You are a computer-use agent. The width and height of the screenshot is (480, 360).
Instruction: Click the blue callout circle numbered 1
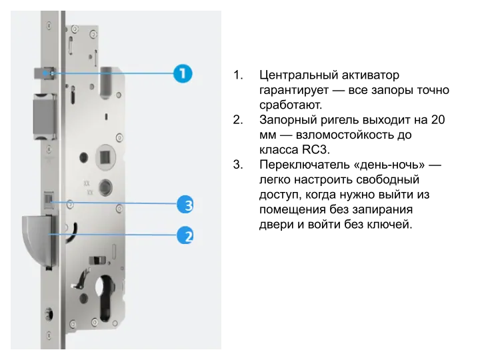pyautogui.click(x=183, y=73)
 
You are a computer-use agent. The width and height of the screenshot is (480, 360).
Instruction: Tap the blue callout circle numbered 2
pyautogui.click(x=185, y=235)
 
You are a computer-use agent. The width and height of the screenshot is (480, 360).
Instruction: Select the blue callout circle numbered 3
pyautogui.click(x=185, y=205)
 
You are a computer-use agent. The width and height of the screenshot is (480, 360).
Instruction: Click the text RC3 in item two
pyautogui.click(x=315, y=150)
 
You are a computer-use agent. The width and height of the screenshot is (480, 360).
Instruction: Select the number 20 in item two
pyautogui.click(x=438, y=120)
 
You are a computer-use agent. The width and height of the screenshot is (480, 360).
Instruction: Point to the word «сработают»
pyautogui.click(x=291, y=105)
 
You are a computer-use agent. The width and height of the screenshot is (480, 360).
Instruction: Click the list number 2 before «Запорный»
pyautogui.click(x=238, y=120)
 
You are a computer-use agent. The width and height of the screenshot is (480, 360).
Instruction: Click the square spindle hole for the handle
pyautogui.click(x=105, y=157)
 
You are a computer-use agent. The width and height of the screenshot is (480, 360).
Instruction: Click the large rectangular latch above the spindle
pyautogui.click(x=45, y=117)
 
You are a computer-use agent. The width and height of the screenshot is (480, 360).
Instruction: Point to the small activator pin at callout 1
pyautogui.click(x=44, y=73)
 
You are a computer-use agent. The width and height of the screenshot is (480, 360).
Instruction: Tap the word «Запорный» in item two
pyautogui.click(x=287, y=120)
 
